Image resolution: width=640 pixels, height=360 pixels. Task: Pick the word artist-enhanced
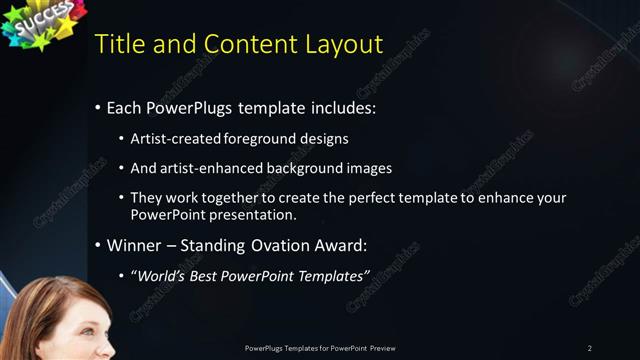click(207, 168)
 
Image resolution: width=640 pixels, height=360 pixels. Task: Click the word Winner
click(134, 245)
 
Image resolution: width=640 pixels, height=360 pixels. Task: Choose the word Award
click(340, 245)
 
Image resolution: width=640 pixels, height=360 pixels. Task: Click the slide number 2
click(590, 348)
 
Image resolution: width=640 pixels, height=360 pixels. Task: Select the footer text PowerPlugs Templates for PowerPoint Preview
click(320, 348)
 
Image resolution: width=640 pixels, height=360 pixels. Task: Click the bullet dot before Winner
click(97, 245)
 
